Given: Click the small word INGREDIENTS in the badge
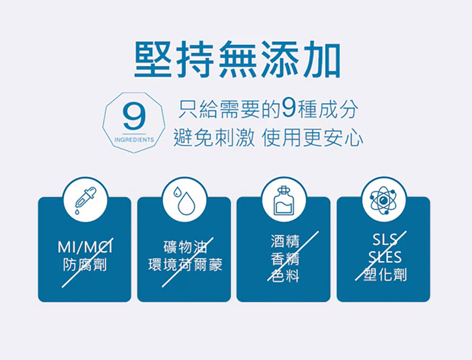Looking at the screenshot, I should coord(134,140).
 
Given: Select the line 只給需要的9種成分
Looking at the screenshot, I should coord(268,110).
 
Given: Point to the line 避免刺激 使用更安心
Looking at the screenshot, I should coord(268,137).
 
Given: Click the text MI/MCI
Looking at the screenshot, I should coord(85,247).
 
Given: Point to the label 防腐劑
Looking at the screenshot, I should coord(85,265).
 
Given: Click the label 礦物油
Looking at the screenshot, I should coord(185,247).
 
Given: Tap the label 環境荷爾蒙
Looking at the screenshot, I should coord(185,265).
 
